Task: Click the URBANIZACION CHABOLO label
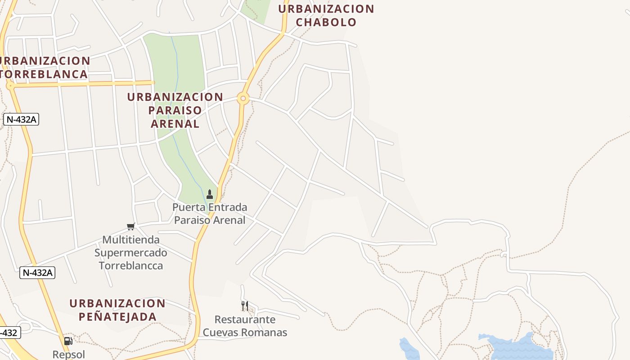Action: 326,15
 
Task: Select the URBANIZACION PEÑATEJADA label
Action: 117,310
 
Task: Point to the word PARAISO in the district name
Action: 175,110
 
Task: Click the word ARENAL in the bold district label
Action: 175,124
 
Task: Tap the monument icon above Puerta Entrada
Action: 209,194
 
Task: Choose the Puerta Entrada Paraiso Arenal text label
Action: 210,214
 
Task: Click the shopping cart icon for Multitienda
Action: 130,226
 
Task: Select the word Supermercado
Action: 130,253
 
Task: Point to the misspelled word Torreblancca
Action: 130,265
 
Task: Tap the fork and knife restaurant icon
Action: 244,306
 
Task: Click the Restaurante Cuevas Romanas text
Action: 245,326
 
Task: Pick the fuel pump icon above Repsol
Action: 68,341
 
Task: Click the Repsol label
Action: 68,355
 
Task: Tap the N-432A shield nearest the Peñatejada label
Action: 37,272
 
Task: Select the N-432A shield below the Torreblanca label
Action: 21,119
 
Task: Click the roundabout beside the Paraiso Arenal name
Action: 243,98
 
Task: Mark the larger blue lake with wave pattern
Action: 517,346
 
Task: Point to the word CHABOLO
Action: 326,22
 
